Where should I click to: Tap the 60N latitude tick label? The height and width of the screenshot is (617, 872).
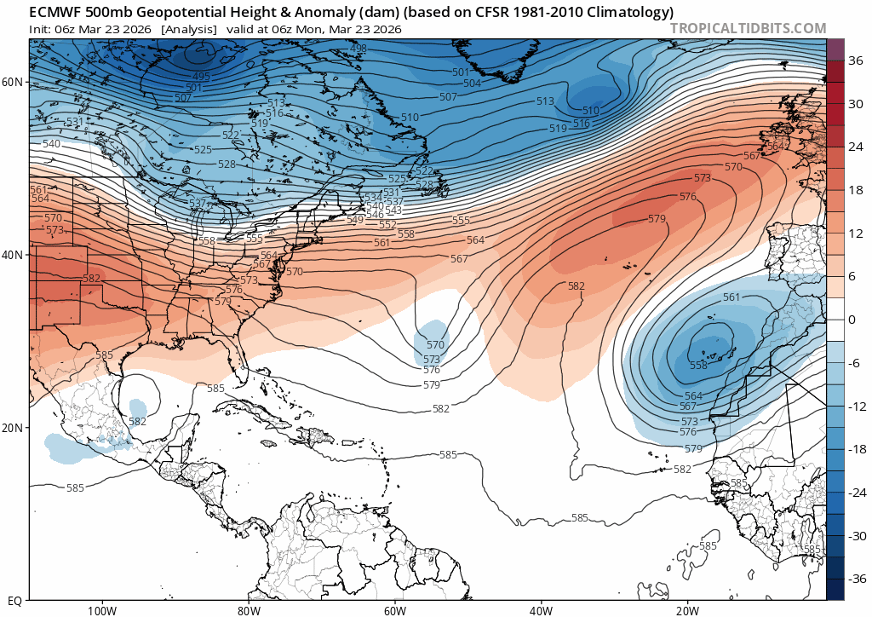click(x=14, y=82)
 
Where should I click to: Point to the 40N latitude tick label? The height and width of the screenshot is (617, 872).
click(x=14, y=255)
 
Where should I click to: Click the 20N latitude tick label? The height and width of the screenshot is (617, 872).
click(x=14, y=428)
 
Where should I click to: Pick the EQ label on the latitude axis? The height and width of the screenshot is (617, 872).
click(x=15, y=600)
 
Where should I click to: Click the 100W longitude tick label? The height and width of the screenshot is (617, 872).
click(x=101, y=610)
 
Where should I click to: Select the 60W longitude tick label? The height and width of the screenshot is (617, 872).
click(x=394, y=610)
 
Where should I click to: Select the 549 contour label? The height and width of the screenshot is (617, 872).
click(x=355, y=219)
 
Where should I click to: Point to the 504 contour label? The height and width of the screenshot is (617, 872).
click(x=472, y=83)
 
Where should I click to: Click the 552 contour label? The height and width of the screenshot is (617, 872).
click(x=387, y=225)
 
